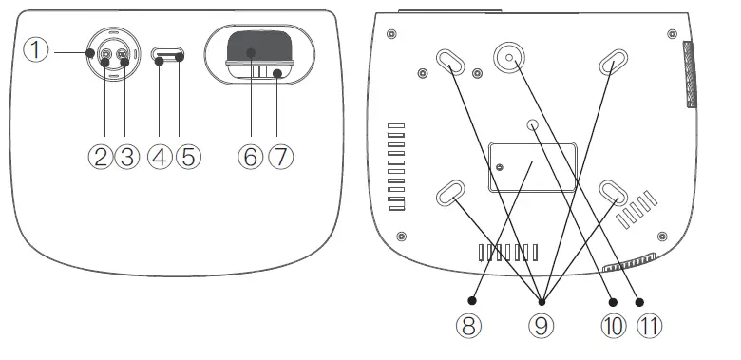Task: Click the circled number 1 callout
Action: pyautogui.click(x=35, y=50)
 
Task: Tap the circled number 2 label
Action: pyautogui.click(x=103, y=157)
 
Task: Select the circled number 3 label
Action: pyautogui.click(x=128, y=157)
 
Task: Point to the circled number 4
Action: pyautogui.click(x=160, y=157)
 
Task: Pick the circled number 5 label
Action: pyautogui.click(x=187, y=157)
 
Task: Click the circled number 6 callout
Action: pyautogui.click(x=250, y=157)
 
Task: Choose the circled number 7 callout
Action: pyautogui.click(x=278, y=157)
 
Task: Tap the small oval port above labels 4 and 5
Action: pyautogui.click(x=169, y=55)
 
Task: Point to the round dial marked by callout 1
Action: pyautogui.click(x=112, y=53)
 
